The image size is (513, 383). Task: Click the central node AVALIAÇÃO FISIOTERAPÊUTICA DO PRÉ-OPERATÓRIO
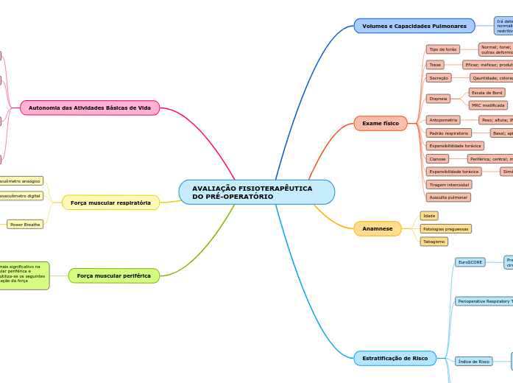pyautogui.click(x=256, y=192)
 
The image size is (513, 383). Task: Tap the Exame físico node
pyautogui.click(x=381, y=123)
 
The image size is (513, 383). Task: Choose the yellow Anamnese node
pyautogui.click(x=377, y=229)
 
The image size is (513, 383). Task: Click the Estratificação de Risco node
pyautogui.click(x=395, y=358)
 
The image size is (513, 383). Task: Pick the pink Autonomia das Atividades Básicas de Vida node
pyautogui.click(x=89, y=108)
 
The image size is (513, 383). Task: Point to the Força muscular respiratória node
pyautogui.click(x=110, y=203)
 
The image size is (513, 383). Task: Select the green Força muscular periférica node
pyautogui.click(x=113, y=275)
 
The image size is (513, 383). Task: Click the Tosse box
pyautogui.click(x=435, y=65)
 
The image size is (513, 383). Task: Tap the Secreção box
pyautogui.click(x=438, y=77)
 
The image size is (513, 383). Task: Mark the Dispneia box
pyautogui.click(x=438, y=98)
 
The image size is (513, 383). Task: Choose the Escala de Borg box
pyautogui.click(x=487, y=93)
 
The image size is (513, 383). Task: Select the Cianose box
pyautogui.click(x=437, y=158)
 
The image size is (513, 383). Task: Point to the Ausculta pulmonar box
pyautogui.click(x=448, y=197)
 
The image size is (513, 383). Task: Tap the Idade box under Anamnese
pyautogui.click(x=429, y=216)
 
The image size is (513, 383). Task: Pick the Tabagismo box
pyautogui.click(x=434, y=242)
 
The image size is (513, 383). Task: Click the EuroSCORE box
pyautogui.click(x=470, y=262)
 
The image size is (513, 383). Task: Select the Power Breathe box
pyautogui.click(x=25, y=224)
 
